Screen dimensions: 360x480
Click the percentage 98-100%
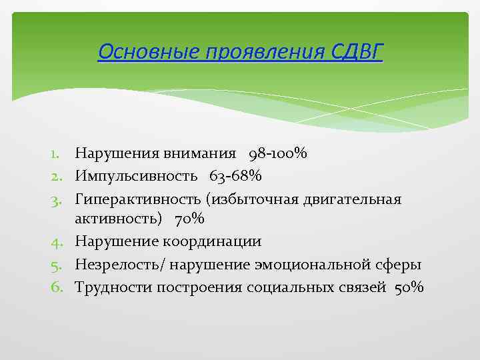pos(277,154)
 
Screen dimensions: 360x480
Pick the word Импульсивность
pos(136,176)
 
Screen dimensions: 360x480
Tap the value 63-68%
pos(235,176)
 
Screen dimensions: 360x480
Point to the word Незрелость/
pos(121,265)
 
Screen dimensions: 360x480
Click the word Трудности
pos(113,287)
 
